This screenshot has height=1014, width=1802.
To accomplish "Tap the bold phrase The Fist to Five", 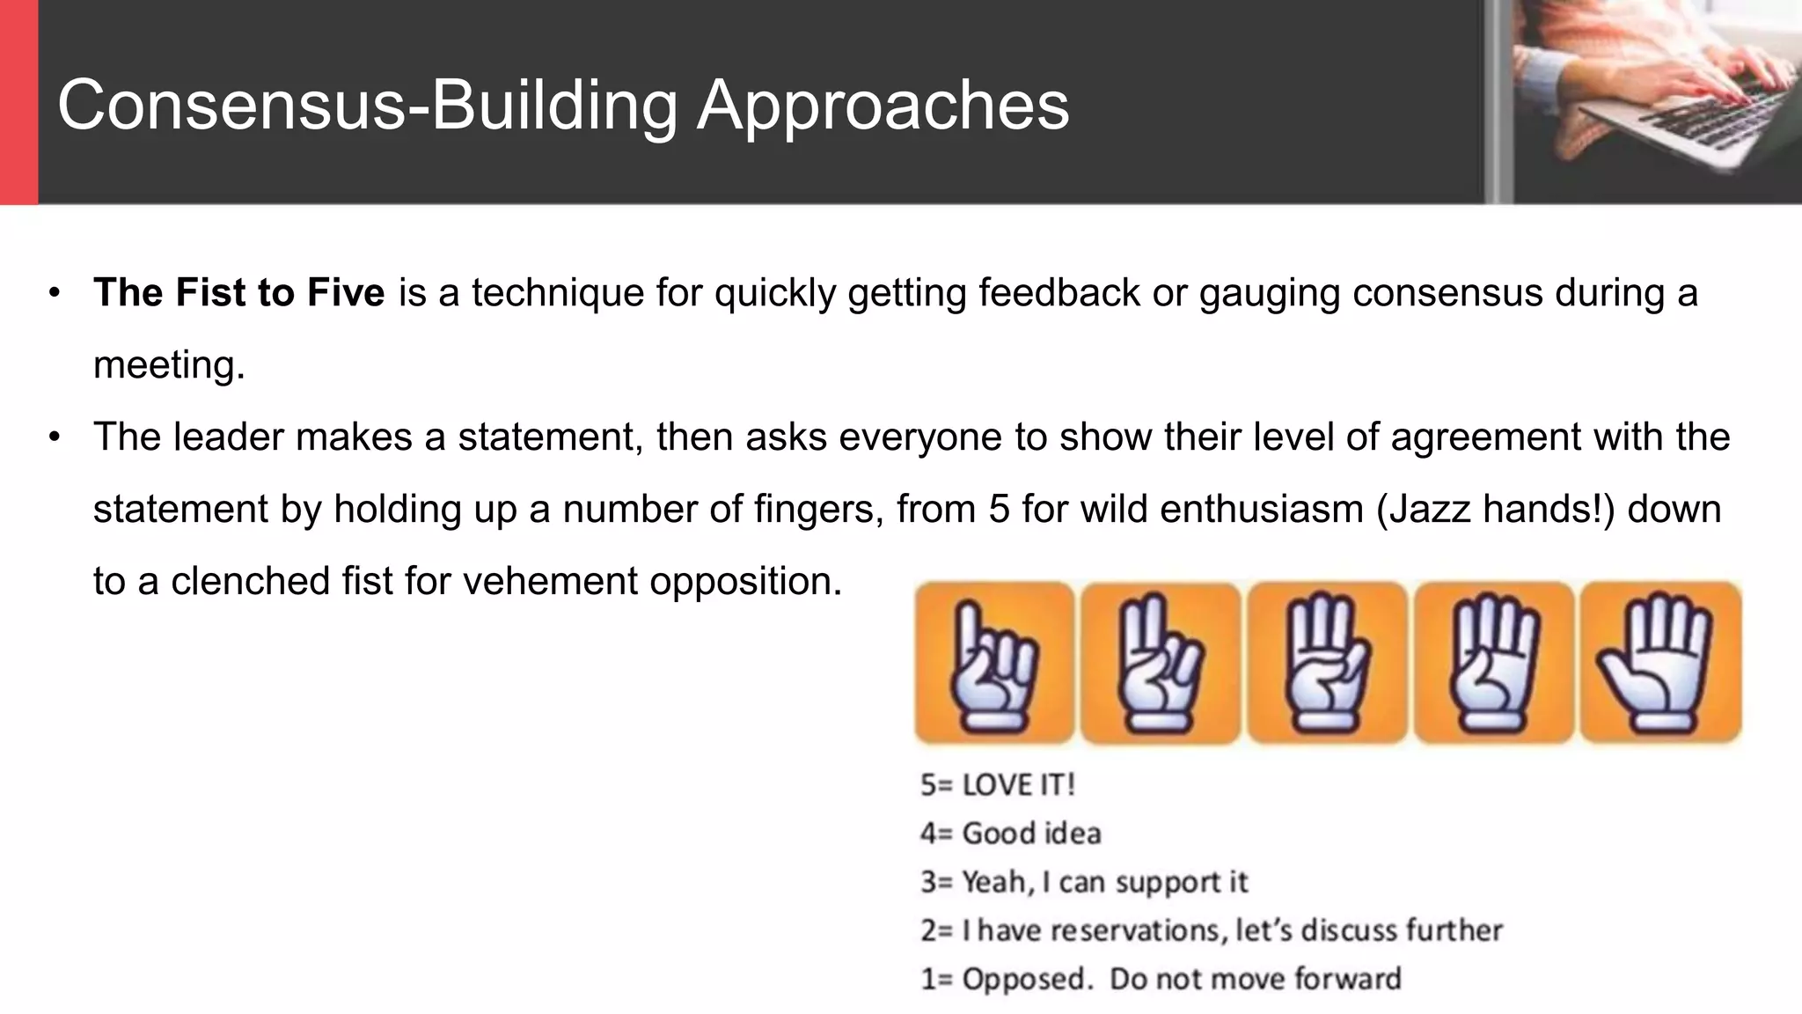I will point(238,293).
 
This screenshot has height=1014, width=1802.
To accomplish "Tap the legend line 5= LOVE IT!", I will point(997,784).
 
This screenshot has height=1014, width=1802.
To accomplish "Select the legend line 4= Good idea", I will point(1010,833).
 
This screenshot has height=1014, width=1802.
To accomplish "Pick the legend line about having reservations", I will point(1212,930).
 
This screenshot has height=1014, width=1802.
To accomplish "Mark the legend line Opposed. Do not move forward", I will point(1161,979).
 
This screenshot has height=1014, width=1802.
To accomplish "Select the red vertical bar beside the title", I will point(18,102).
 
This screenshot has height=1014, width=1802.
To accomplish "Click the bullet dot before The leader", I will point(55,437).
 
